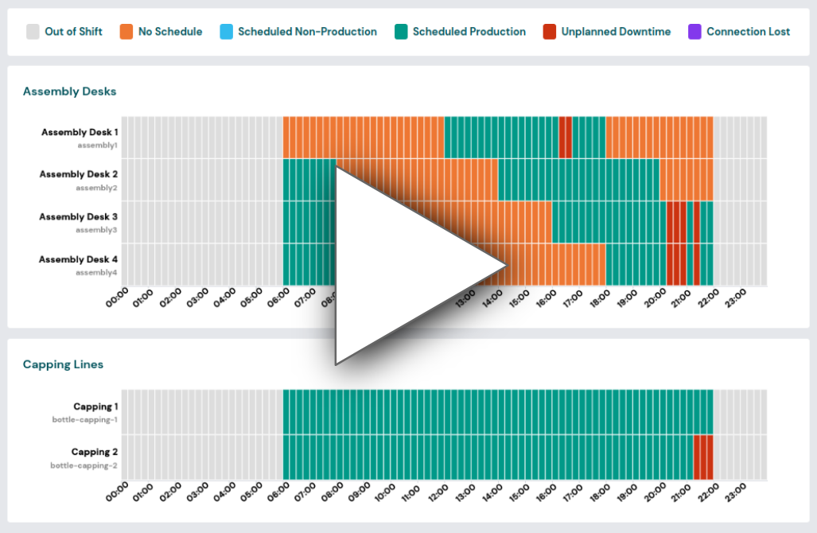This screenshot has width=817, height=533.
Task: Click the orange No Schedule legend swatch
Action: pos(127,32)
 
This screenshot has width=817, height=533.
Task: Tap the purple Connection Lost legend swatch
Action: pos(695,32)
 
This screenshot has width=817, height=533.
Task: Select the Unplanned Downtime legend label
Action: pos(616,32)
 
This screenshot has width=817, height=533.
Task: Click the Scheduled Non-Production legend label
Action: pos(307,32)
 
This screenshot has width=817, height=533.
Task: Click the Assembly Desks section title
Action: pos(70,91)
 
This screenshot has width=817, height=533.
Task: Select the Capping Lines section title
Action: pos(63,364)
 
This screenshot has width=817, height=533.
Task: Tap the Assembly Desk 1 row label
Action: pos(80,132)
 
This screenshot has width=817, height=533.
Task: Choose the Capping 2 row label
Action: pos(95,452)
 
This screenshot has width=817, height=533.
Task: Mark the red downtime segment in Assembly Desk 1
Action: pos(565,137)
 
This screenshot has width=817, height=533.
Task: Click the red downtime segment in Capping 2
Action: pos(702,457)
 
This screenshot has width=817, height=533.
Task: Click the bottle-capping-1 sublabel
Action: pos(85,419)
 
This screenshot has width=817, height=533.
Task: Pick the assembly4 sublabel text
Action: pos(97,272)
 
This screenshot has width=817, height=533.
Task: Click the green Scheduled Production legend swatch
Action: pos(402,32)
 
